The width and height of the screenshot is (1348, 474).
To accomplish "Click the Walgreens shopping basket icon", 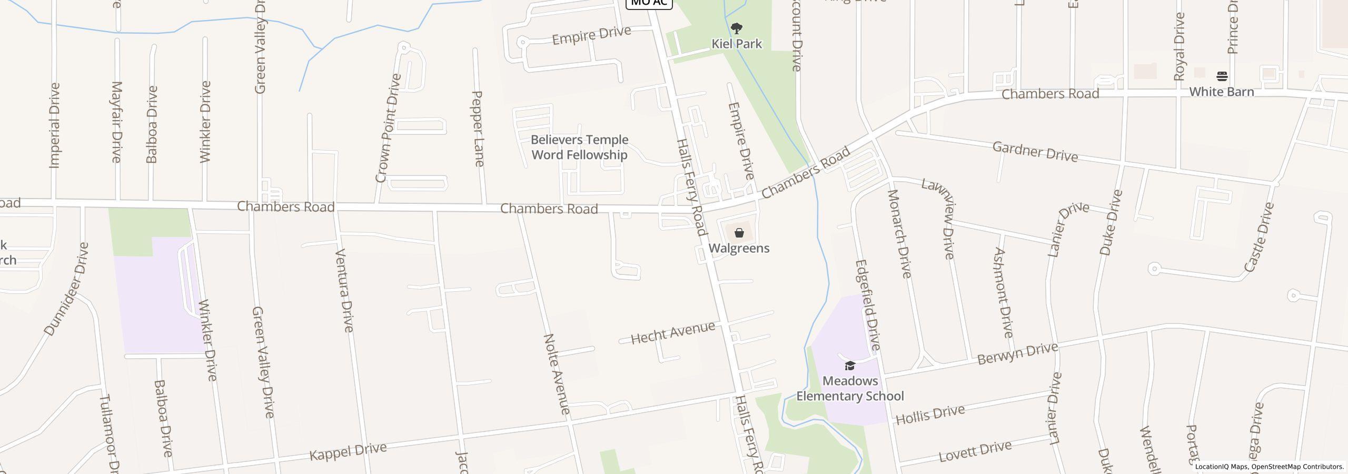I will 739,233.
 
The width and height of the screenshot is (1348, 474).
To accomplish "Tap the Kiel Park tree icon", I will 737,28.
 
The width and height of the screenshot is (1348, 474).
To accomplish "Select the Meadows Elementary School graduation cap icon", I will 850,366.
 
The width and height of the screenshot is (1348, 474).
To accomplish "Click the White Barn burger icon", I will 1222,76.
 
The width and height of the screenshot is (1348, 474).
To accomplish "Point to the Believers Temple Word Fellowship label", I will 579,147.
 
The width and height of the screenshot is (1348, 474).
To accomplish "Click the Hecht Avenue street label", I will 673,333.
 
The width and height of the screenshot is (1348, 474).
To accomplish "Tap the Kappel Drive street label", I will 348,451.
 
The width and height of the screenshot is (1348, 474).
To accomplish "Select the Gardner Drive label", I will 1035,152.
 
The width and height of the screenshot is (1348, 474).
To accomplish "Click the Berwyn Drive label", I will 1017,353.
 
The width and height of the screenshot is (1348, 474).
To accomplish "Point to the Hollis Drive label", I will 930,414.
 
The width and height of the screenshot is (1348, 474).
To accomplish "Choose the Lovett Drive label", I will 975,451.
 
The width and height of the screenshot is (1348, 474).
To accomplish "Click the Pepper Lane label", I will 478,129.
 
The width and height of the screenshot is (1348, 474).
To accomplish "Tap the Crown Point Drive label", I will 389,129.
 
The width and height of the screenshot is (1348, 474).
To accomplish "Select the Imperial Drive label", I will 54,125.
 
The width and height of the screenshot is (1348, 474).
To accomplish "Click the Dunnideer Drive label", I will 66,289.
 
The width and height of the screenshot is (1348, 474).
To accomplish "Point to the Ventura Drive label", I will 343,290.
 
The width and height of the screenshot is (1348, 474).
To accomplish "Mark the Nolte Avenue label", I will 557,374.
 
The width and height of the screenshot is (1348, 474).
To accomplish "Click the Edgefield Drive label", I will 868,305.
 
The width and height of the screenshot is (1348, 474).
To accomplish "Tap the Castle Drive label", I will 1259,237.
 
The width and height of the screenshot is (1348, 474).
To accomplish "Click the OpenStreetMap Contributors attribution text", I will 1297,467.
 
